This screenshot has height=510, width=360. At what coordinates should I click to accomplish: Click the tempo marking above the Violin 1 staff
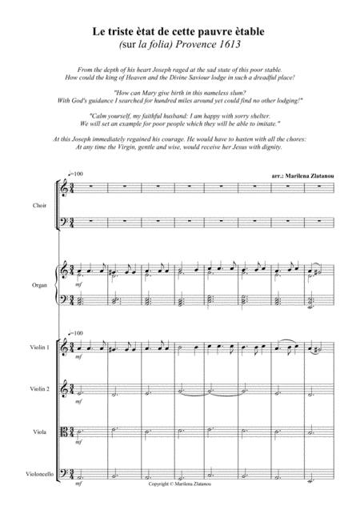[77, 331]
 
